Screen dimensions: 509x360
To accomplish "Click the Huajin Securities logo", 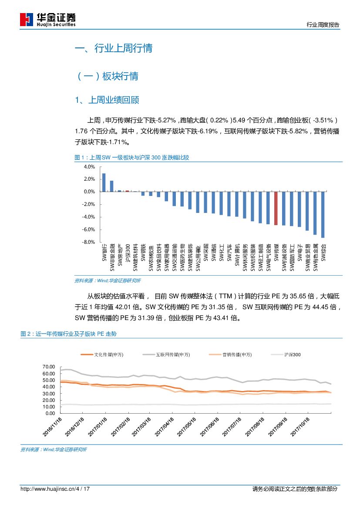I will click(x=47, y=19).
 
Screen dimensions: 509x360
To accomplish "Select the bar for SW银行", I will click(x=104, y=182).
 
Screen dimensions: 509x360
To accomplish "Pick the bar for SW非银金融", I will click(x=111, y=186).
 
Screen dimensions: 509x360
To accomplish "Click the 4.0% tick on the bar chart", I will click(x=89, y=167).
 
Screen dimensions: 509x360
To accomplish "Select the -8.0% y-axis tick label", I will click(x=88, y=242).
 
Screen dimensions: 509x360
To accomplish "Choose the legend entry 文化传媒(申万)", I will click(x=102, y=355).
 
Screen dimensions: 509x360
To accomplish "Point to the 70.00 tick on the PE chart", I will click(x=49, y=367).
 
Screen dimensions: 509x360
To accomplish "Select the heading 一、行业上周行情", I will click(x=114, y=48).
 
